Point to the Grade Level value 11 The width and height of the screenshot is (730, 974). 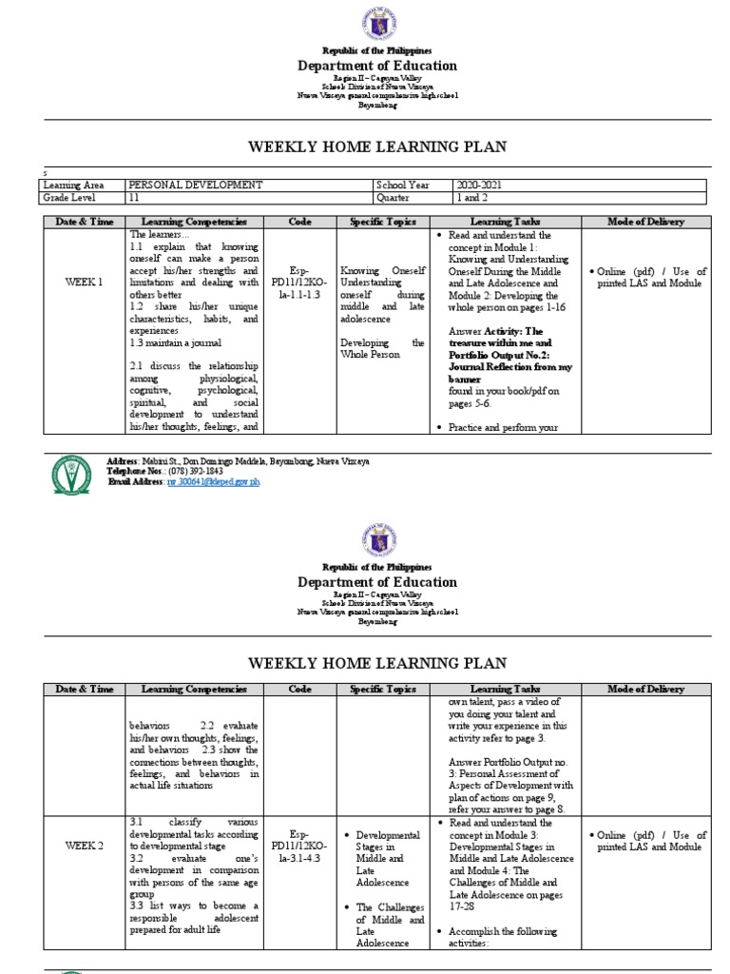[134, 199]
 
